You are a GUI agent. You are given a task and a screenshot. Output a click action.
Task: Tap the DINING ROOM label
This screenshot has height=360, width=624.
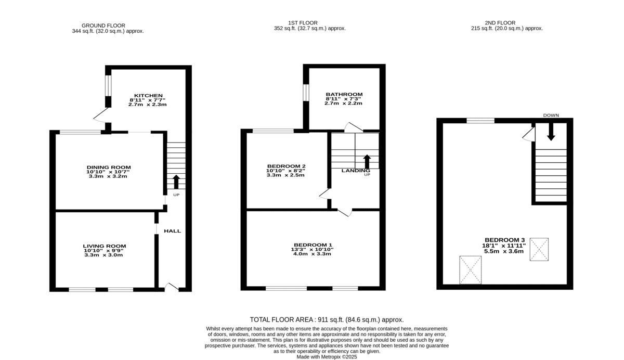(x=109, y=168)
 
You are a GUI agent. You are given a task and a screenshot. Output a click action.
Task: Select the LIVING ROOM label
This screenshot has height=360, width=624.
(x=105, y=246)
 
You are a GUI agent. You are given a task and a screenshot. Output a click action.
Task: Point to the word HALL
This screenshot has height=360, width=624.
(x=173, y=231)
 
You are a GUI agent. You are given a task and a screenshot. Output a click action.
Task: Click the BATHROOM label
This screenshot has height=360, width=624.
(x=344, y=95)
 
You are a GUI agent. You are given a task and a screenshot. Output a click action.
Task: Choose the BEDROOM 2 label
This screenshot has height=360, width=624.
(x=287, y=166)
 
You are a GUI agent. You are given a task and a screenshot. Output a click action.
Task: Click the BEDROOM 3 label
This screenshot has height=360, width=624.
(x=505, y=240)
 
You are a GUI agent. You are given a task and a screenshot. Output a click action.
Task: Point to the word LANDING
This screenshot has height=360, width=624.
(x=356, y=171)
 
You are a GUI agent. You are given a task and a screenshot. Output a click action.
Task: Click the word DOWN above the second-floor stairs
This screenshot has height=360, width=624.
(x=551, y=115)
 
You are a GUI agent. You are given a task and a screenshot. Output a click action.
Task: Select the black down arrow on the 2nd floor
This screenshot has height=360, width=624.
(x=551, y=132)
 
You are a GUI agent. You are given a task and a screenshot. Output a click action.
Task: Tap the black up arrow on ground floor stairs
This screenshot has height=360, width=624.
(x=176, y=182)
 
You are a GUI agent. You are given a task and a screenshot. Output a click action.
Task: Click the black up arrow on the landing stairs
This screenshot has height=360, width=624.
(x=367, y=162)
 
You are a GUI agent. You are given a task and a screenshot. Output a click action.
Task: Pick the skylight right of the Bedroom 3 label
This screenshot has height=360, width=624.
(x=539, y=249)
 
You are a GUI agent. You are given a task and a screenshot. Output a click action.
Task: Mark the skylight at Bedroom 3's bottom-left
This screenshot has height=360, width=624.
(x=471, y=270)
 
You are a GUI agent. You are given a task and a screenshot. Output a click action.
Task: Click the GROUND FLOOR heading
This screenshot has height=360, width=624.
(x=103, y=25)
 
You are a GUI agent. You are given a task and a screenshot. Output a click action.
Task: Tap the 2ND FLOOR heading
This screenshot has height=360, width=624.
(x=500, y=23)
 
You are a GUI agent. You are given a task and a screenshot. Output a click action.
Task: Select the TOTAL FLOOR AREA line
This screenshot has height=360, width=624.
(x=327, y=319)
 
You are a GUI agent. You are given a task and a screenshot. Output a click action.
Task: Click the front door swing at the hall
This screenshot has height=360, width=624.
(x=172, y=287)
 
